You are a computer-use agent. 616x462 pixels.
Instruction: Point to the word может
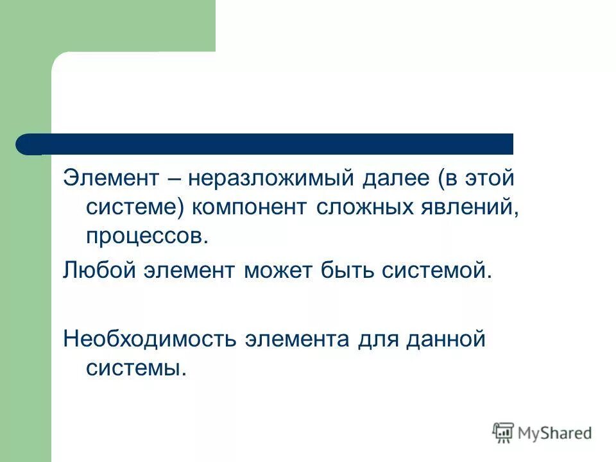point(276,270)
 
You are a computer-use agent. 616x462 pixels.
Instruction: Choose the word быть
point(346,270)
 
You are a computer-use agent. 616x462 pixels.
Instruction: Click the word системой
point(437,270)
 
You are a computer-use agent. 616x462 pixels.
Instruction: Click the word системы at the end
point(135,368)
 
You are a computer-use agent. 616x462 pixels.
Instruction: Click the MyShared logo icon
point(503,432)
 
